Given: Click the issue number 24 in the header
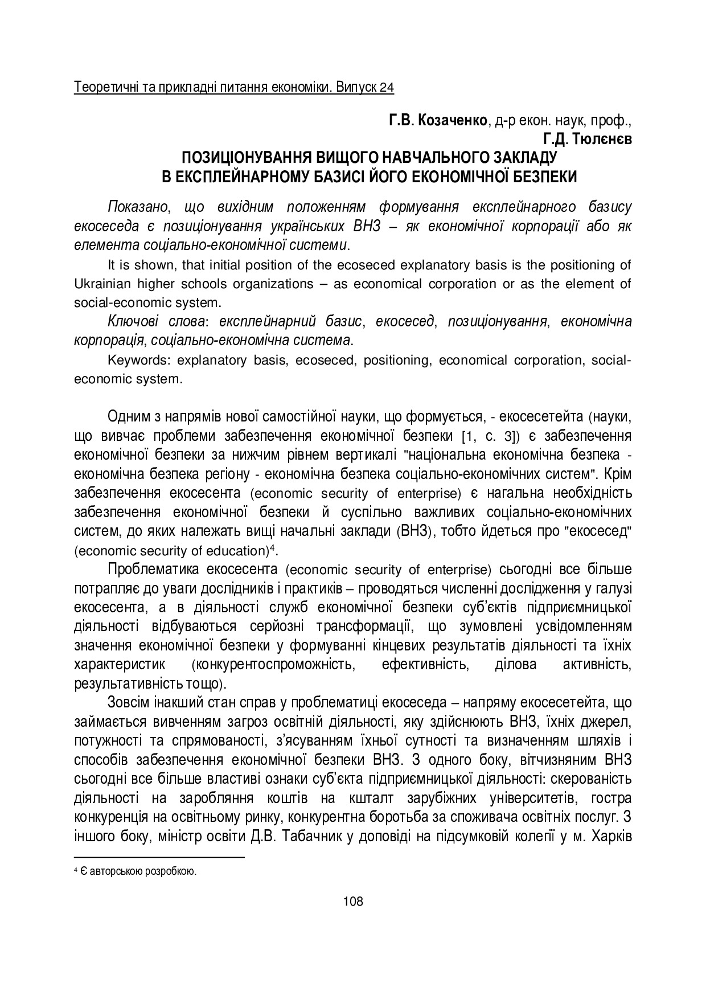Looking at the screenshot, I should tap(387, 88).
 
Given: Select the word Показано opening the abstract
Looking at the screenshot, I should tap(136, 207).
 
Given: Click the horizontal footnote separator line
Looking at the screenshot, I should tap(159, 857).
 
